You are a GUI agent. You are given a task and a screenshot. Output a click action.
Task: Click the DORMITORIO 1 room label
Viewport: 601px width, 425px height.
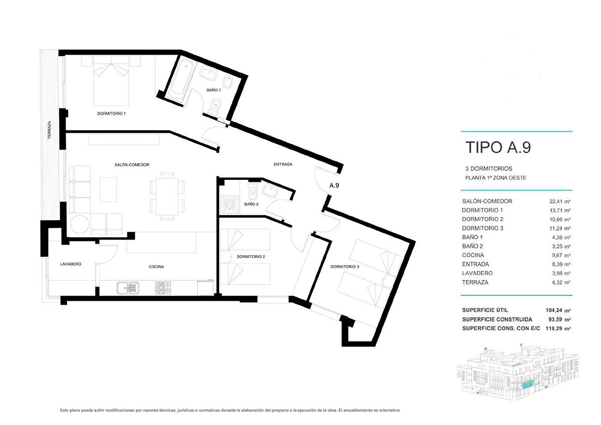tap(111, 114)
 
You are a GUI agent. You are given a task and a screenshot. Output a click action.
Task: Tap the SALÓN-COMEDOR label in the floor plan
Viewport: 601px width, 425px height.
tap(132, 165)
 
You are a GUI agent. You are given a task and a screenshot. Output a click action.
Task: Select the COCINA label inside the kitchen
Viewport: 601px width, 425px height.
tap(156, 267)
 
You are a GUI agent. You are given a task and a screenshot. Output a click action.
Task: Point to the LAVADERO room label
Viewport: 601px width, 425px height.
tap(71, 264)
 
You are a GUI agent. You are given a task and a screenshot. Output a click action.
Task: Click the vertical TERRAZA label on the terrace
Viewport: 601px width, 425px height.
tap(50, 130)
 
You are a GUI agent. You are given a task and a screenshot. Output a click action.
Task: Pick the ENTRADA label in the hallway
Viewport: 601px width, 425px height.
tap(283, 164)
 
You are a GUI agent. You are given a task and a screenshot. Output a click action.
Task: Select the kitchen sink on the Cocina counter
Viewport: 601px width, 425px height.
tap(128, 288)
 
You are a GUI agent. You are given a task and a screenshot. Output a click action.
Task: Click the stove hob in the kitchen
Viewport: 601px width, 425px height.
tap(163, 288)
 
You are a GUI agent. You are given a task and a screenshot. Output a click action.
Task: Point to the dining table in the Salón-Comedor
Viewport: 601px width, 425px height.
tap(167, 196)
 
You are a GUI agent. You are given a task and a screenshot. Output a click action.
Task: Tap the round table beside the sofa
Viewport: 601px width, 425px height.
tap(80, 224)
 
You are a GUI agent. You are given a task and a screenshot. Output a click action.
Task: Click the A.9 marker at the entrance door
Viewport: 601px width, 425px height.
tap(334, 185)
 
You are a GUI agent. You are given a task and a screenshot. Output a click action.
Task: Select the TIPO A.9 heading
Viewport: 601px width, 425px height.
tap(498, 147)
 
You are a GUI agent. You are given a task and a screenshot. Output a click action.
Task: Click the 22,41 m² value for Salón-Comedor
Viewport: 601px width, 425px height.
tap(560, 201)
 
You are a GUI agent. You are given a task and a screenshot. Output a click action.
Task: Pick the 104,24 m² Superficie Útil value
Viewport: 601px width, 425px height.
tap(558, 310)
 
